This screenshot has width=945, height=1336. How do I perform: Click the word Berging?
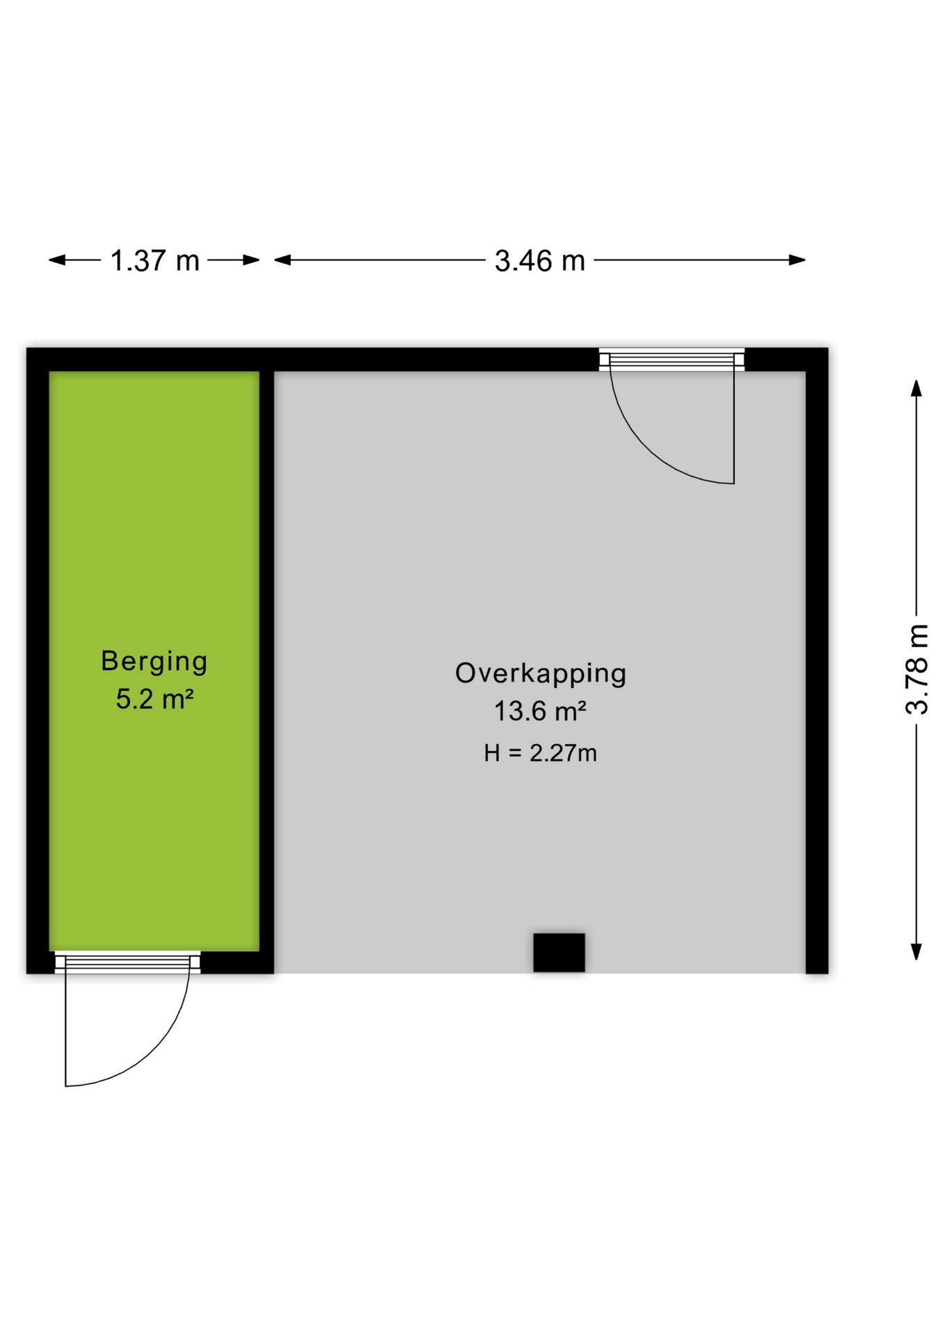point(154,662)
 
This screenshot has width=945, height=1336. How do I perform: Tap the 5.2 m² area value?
point(154,699)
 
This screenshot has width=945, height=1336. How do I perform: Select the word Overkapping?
point(541,674)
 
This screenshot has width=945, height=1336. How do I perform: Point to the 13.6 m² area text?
point(540,711)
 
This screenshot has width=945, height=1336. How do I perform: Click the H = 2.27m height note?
point(540,753)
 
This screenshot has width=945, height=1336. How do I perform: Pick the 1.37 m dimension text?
point(154,261)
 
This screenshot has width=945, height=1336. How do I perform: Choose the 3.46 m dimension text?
point(539,261)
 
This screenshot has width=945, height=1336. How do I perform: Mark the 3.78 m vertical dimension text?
point(917,669)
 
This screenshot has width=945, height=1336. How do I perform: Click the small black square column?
point(559,952)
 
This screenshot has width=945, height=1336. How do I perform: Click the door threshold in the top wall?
point(672,359)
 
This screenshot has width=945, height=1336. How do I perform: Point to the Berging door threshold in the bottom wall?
point(127,962)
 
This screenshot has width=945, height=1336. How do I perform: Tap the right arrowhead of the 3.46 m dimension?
point(797,260)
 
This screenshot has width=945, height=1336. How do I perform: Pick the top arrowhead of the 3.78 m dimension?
point(917,388)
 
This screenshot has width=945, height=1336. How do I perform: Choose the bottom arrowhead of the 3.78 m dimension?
point(917,952)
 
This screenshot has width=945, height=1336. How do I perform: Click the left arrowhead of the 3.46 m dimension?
point(283,260)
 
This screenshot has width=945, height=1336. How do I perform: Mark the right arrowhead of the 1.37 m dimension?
point(251,260)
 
